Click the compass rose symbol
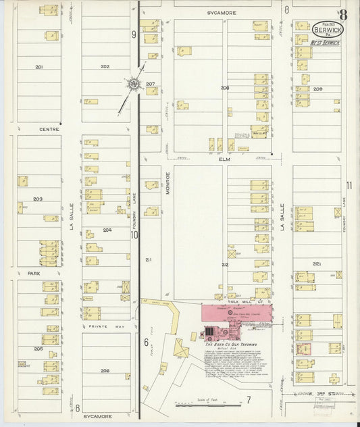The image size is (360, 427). [x=134, y=84]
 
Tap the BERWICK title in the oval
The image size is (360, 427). [x=328, y=30]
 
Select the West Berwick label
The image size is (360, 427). [x=327, y=43]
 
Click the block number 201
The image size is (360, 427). [x=39, y=67]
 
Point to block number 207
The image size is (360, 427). [x=150, y=84]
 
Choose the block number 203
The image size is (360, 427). [x=38, y=199]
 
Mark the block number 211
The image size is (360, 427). [x=149, y=259]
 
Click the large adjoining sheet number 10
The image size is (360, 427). [x=134, y=234]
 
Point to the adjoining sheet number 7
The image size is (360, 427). [x=248, y=400]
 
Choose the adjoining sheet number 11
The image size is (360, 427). [x=349, y=185]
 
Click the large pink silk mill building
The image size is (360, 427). [x=237, y=312]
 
